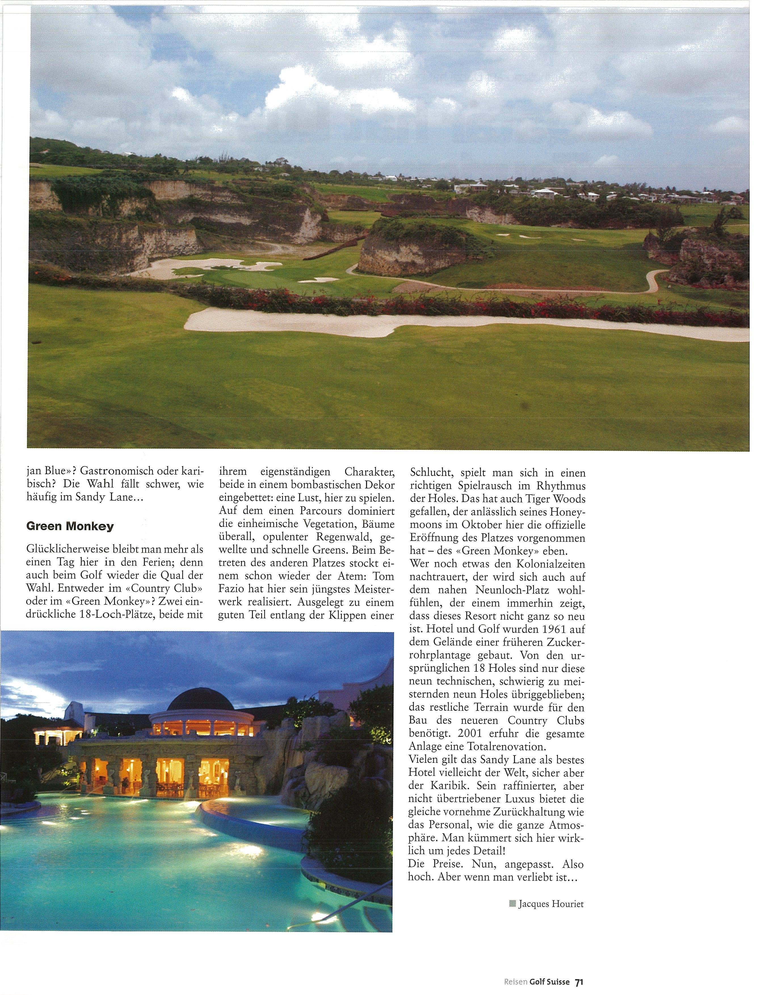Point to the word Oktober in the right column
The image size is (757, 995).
click(x=486, y=525)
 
